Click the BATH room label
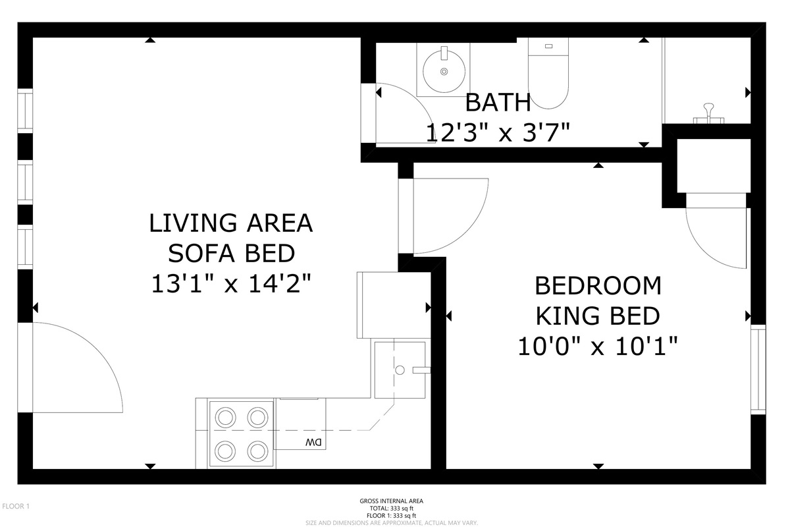pos(498,102)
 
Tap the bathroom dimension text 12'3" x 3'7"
pos(498,132)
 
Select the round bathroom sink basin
pos(444,72)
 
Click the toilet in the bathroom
pos(548,73)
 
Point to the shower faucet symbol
pos(708,114)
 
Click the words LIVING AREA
pos(231,223)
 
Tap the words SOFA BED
pos(231,254)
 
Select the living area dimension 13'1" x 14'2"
pos(231,284)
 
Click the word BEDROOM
pos(598,286)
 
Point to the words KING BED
pos(598,316)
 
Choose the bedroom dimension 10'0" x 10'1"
pos(598,347)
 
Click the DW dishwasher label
pos(313,442)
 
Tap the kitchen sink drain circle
pos(400,370)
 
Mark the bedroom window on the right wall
pos(758,369)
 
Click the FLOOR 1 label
pos(16,506)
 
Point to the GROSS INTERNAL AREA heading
pos(392,501)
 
